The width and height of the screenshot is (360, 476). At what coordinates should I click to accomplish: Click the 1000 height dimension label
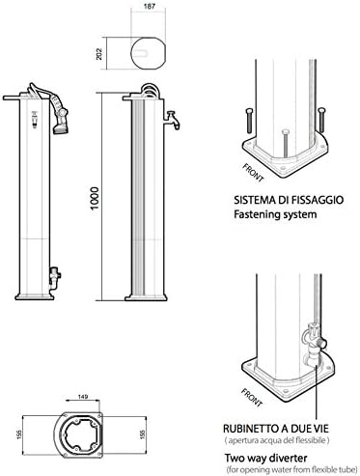coord(95,198)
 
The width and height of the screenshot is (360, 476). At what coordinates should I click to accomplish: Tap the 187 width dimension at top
coord(149,6)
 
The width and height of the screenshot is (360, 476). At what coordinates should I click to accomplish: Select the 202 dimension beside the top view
coord(99,54)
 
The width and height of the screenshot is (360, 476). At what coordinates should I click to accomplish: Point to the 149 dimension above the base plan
coord(83,397)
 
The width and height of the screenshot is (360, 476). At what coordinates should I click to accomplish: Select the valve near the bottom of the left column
coord(55,276)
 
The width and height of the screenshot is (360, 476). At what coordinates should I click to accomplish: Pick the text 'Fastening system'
coord(275,214)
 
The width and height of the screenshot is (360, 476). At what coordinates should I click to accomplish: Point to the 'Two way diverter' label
coord(265,458)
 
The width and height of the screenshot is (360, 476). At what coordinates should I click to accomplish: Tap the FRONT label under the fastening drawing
coord(253,173)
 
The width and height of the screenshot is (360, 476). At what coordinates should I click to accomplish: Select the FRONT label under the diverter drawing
coord(252,397)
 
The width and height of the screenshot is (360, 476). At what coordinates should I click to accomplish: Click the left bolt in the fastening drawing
coord(250,121)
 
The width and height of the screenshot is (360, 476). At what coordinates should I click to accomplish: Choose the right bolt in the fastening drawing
coord(321,120)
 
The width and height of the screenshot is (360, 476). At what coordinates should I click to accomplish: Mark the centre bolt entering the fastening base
coord(285,143)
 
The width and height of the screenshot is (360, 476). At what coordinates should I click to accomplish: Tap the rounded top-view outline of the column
coord(148,53)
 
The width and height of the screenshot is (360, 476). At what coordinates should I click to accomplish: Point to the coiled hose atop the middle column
coord(150,90)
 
